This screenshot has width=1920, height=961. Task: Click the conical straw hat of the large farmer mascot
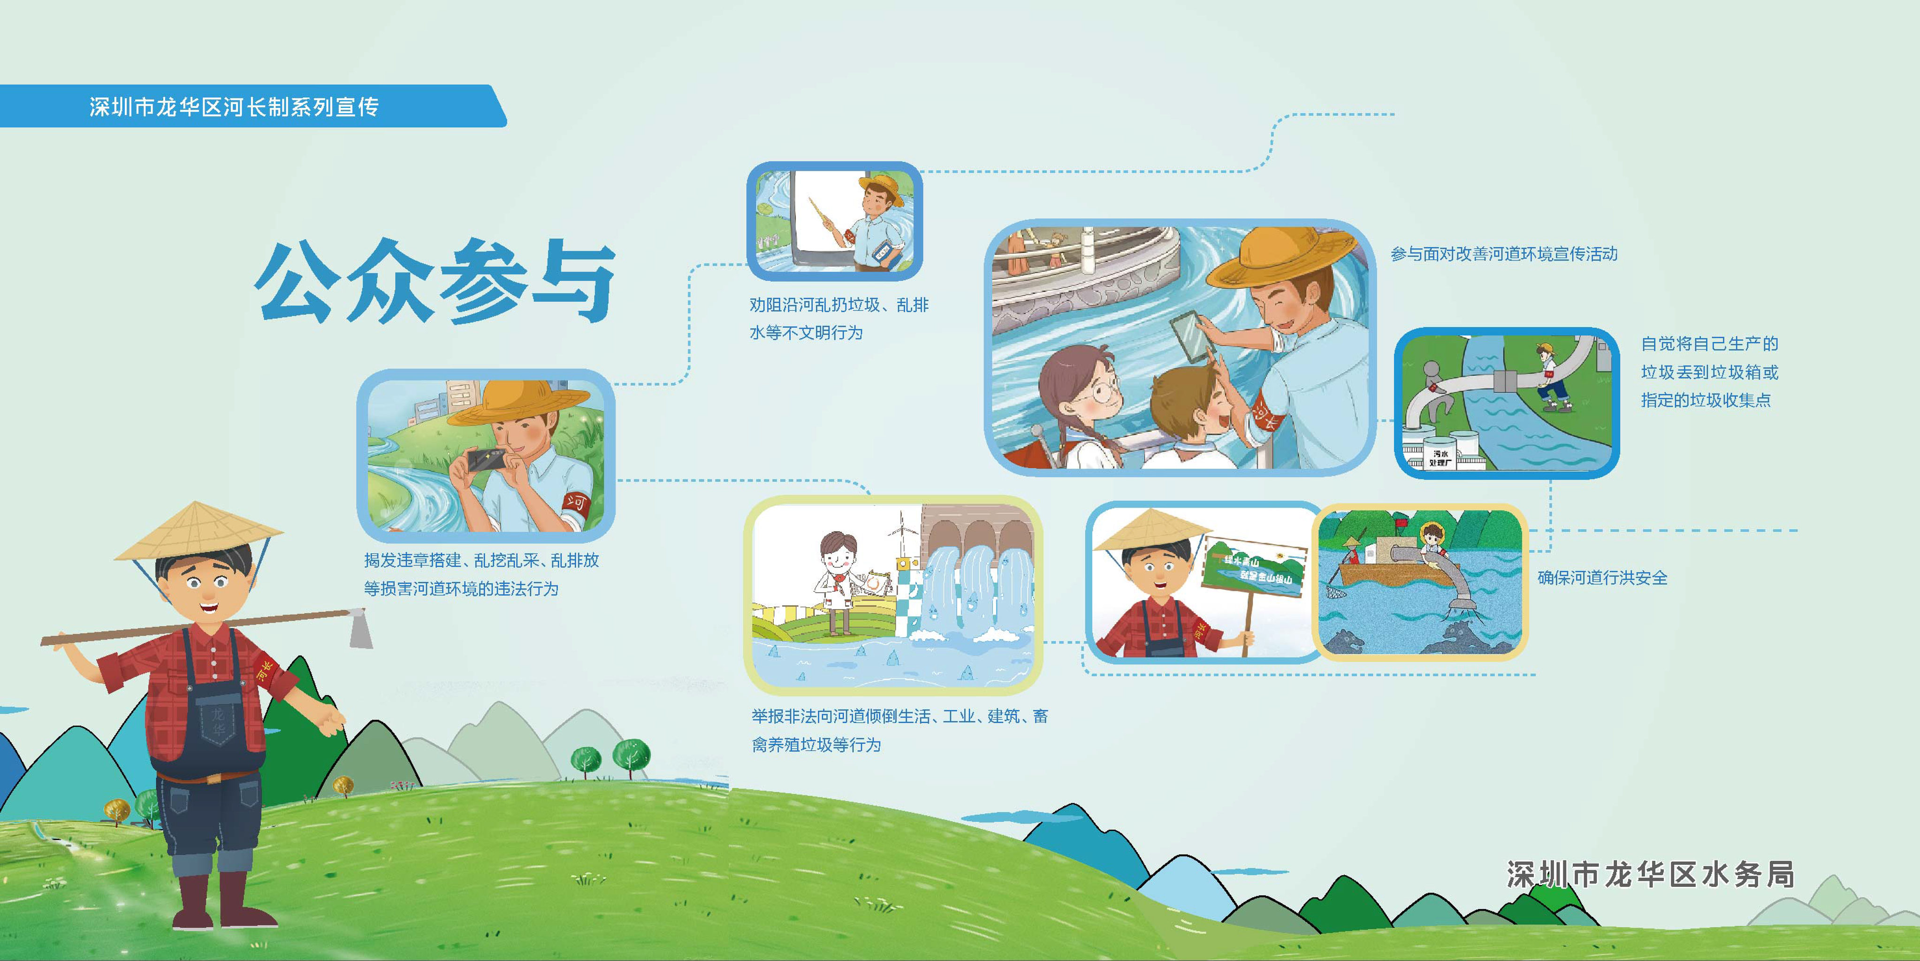[198, 531]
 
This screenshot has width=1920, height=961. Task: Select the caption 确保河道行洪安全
[1602, 578]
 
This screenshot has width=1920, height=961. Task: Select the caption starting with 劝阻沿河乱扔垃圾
[838, 318]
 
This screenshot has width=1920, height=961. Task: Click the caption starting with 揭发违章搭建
[481, 574]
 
